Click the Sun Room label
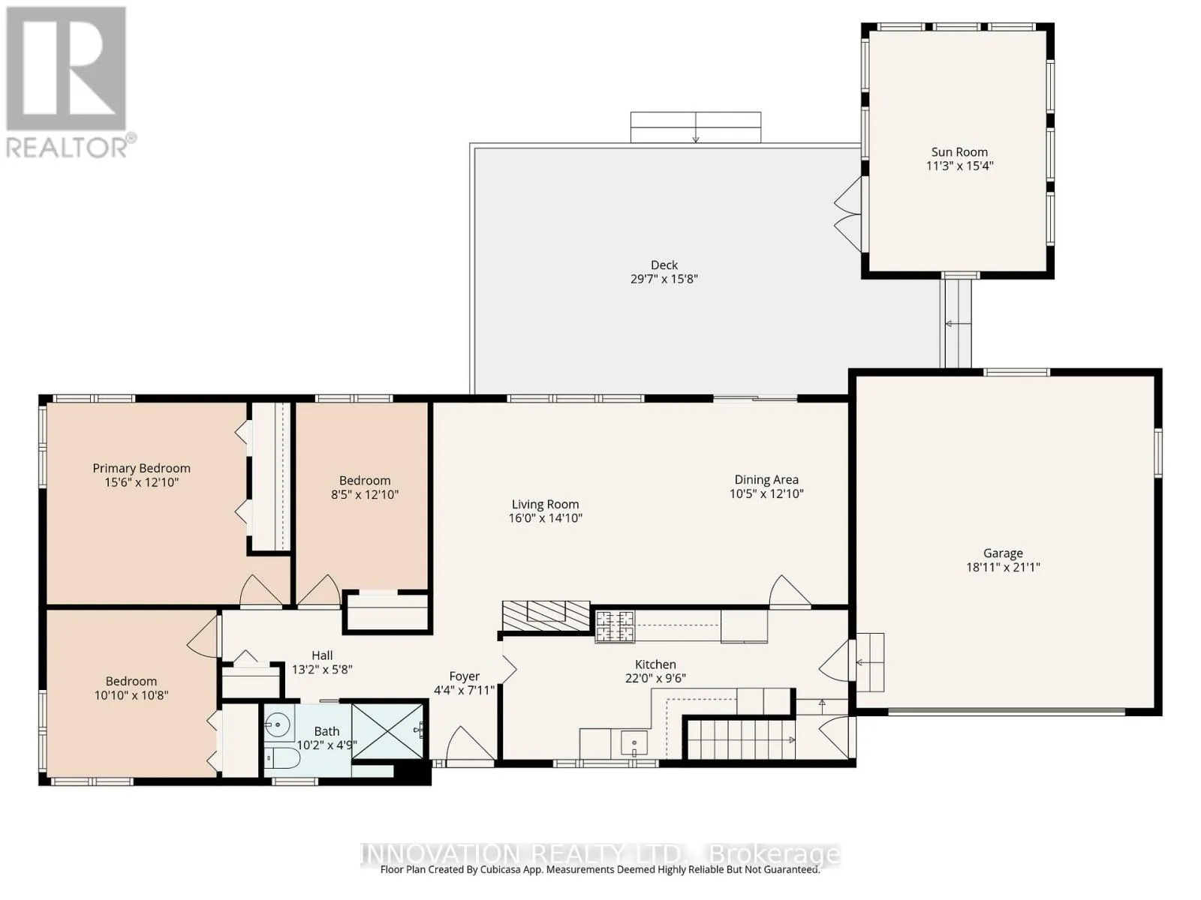(959, 152)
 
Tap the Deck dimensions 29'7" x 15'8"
(664, 279)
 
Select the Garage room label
(1002, 553)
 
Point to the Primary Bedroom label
(141, 468)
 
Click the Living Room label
(545, 504)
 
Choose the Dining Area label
(766, 480)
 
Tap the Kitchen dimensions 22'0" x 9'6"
(655, 678)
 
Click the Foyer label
(464, 676)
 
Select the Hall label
(322, 655)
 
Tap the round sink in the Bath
(278, 725)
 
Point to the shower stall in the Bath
(388, 731)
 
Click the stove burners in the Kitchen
(615, 626)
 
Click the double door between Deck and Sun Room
(849, 214)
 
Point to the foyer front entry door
(470, 743)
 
